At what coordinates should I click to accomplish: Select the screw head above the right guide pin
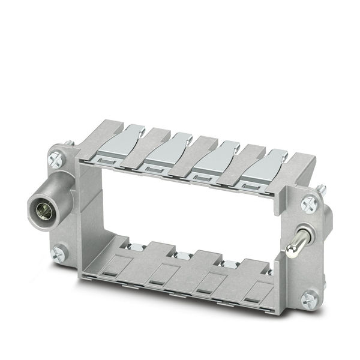pyautogui.click(x=310, y=204)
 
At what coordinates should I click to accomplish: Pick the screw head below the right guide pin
pyautogui.click(x=310, y=296)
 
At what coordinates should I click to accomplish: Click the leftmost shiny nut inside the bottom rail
pyautogui.click(x=133, y=247)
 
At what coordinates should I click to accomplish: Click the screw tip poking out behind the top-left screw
pyautogui.click(x=70, y=143)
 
